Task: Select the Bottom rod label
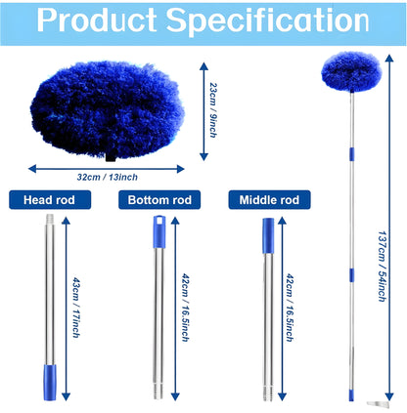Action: (x=156, y=200)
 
